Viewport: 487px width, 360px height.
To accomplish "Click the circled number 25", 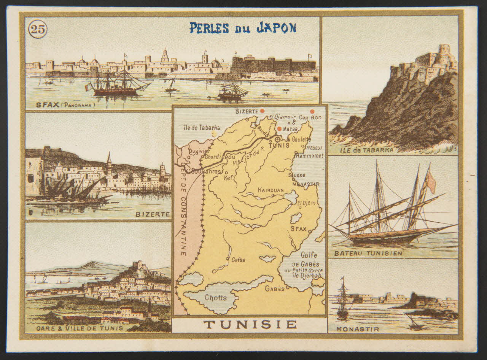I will point(38,29).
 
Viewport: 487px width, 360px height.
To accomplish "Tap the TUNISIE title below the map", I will point(250,325).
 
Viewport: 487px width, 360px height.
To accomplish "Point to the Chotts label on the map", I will point(216,297).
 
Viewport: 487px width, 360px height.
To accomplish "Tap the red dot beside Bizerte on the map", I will point(262,111).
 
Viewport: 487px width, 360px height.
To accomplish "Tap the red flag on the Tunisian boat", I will point(431,182).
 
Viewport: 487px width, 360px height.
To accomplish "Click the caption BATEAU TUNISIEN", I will point(368,253).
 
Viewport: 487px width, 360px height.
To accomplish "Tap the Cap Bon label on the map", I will point(310,117).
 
